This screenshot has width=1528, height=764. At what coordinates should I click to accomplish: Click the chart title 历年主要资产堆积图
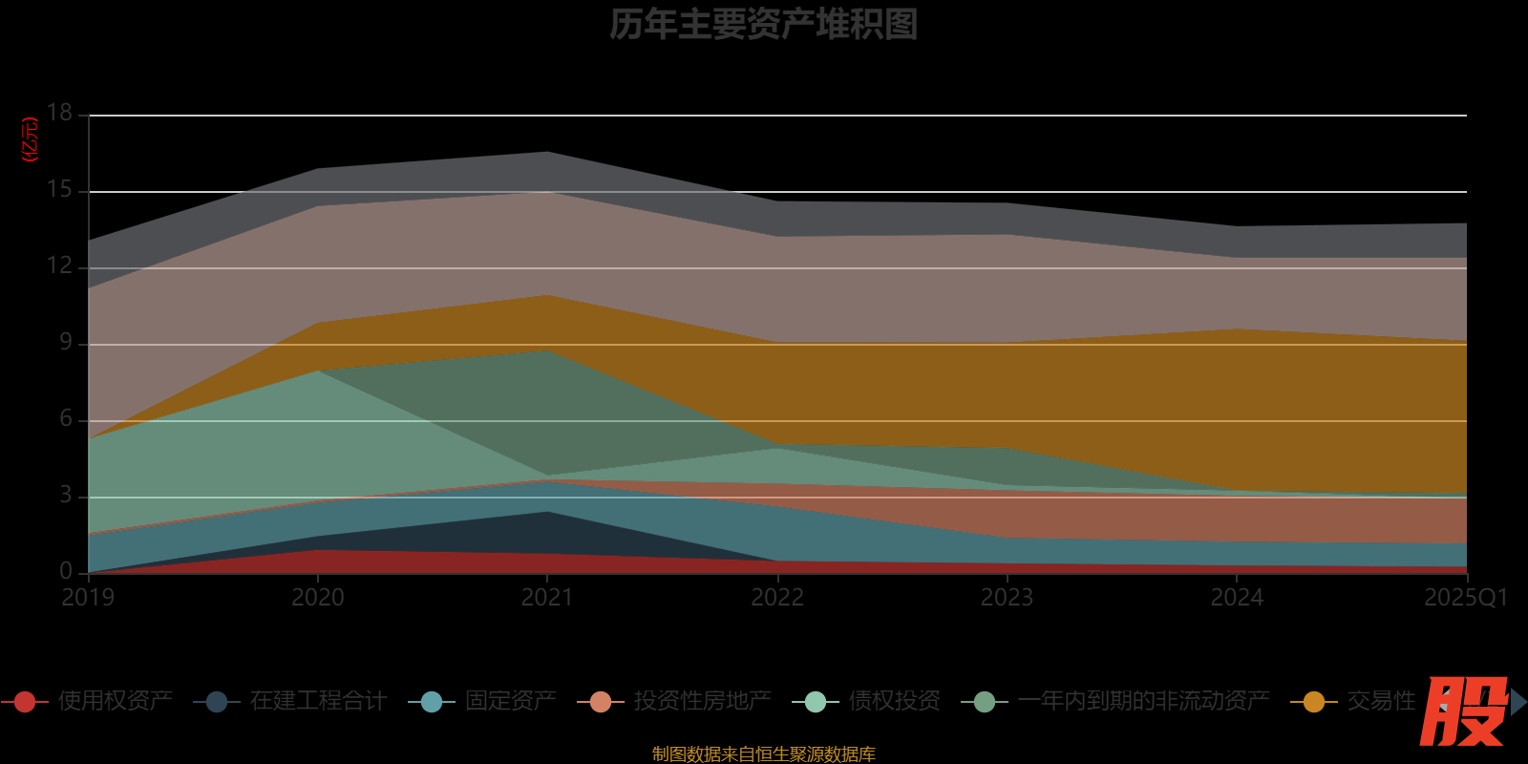point(763,25)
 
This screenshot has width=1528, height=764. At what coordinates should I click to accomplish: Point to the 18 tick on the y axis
point(60,113)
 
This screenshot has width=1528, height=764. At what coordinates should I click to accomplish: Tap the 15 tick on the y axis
point(60,189)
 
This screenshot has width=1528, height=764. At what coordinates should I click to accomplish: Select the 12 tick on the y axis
point(60,265)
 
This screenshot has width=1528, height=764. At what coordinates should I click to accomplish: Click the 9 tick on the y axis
point(65,342)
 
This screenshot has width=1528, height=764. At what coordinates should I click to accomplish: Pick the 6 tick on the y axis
point(65,418)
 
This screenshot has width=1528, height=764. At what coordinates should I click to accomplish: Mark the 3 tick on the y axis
point(65,495)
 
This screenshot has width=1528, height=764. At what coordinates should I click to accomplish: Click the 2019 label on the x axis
point(88,598)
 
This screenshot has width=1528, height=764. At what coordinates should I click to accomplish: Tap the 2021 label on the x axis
point(547,598)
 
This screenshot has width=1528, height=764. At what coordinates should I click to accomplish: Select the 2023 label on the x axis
point(1007,598)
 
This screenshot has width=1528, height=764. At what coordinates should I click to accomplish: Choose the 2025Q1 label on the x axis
point(1465,598)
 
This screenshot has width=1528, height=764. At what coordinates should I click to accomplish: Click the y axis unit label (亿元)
point(31,139)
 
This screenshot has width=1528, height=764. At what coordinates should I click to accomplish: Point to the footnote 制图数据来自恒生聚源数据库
point(763,754)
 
